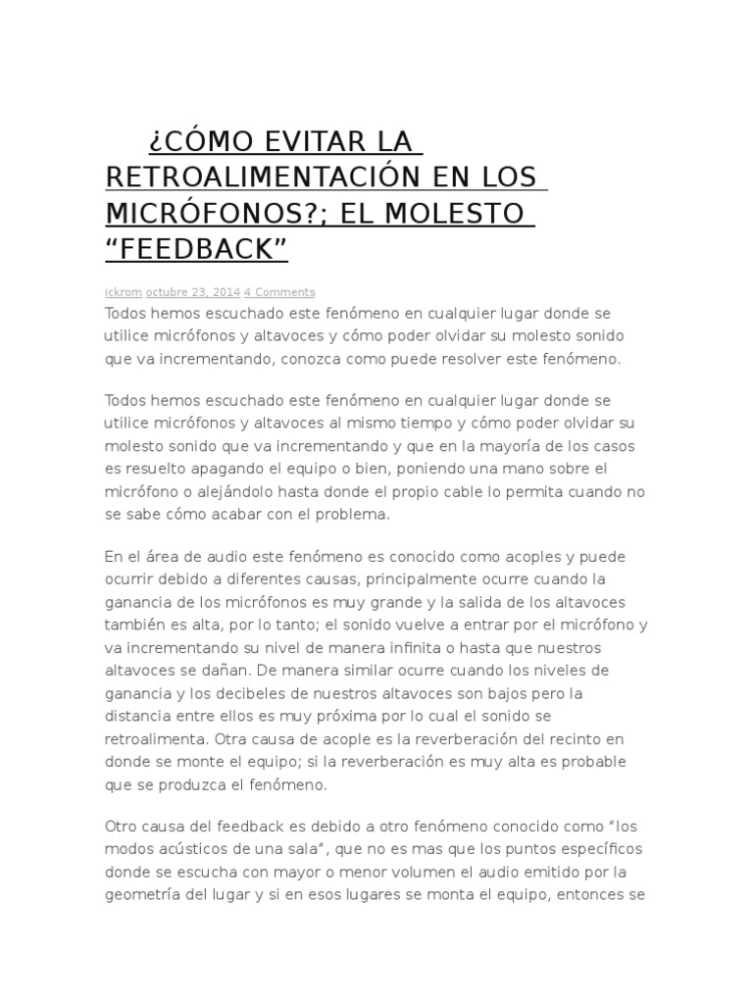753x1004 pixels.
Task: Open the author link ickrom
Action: pos(123,292)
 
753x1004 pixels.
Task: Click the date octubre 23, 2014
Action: pos(192,292)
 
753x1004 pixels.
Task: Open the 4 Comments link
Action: pos(279,292)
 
